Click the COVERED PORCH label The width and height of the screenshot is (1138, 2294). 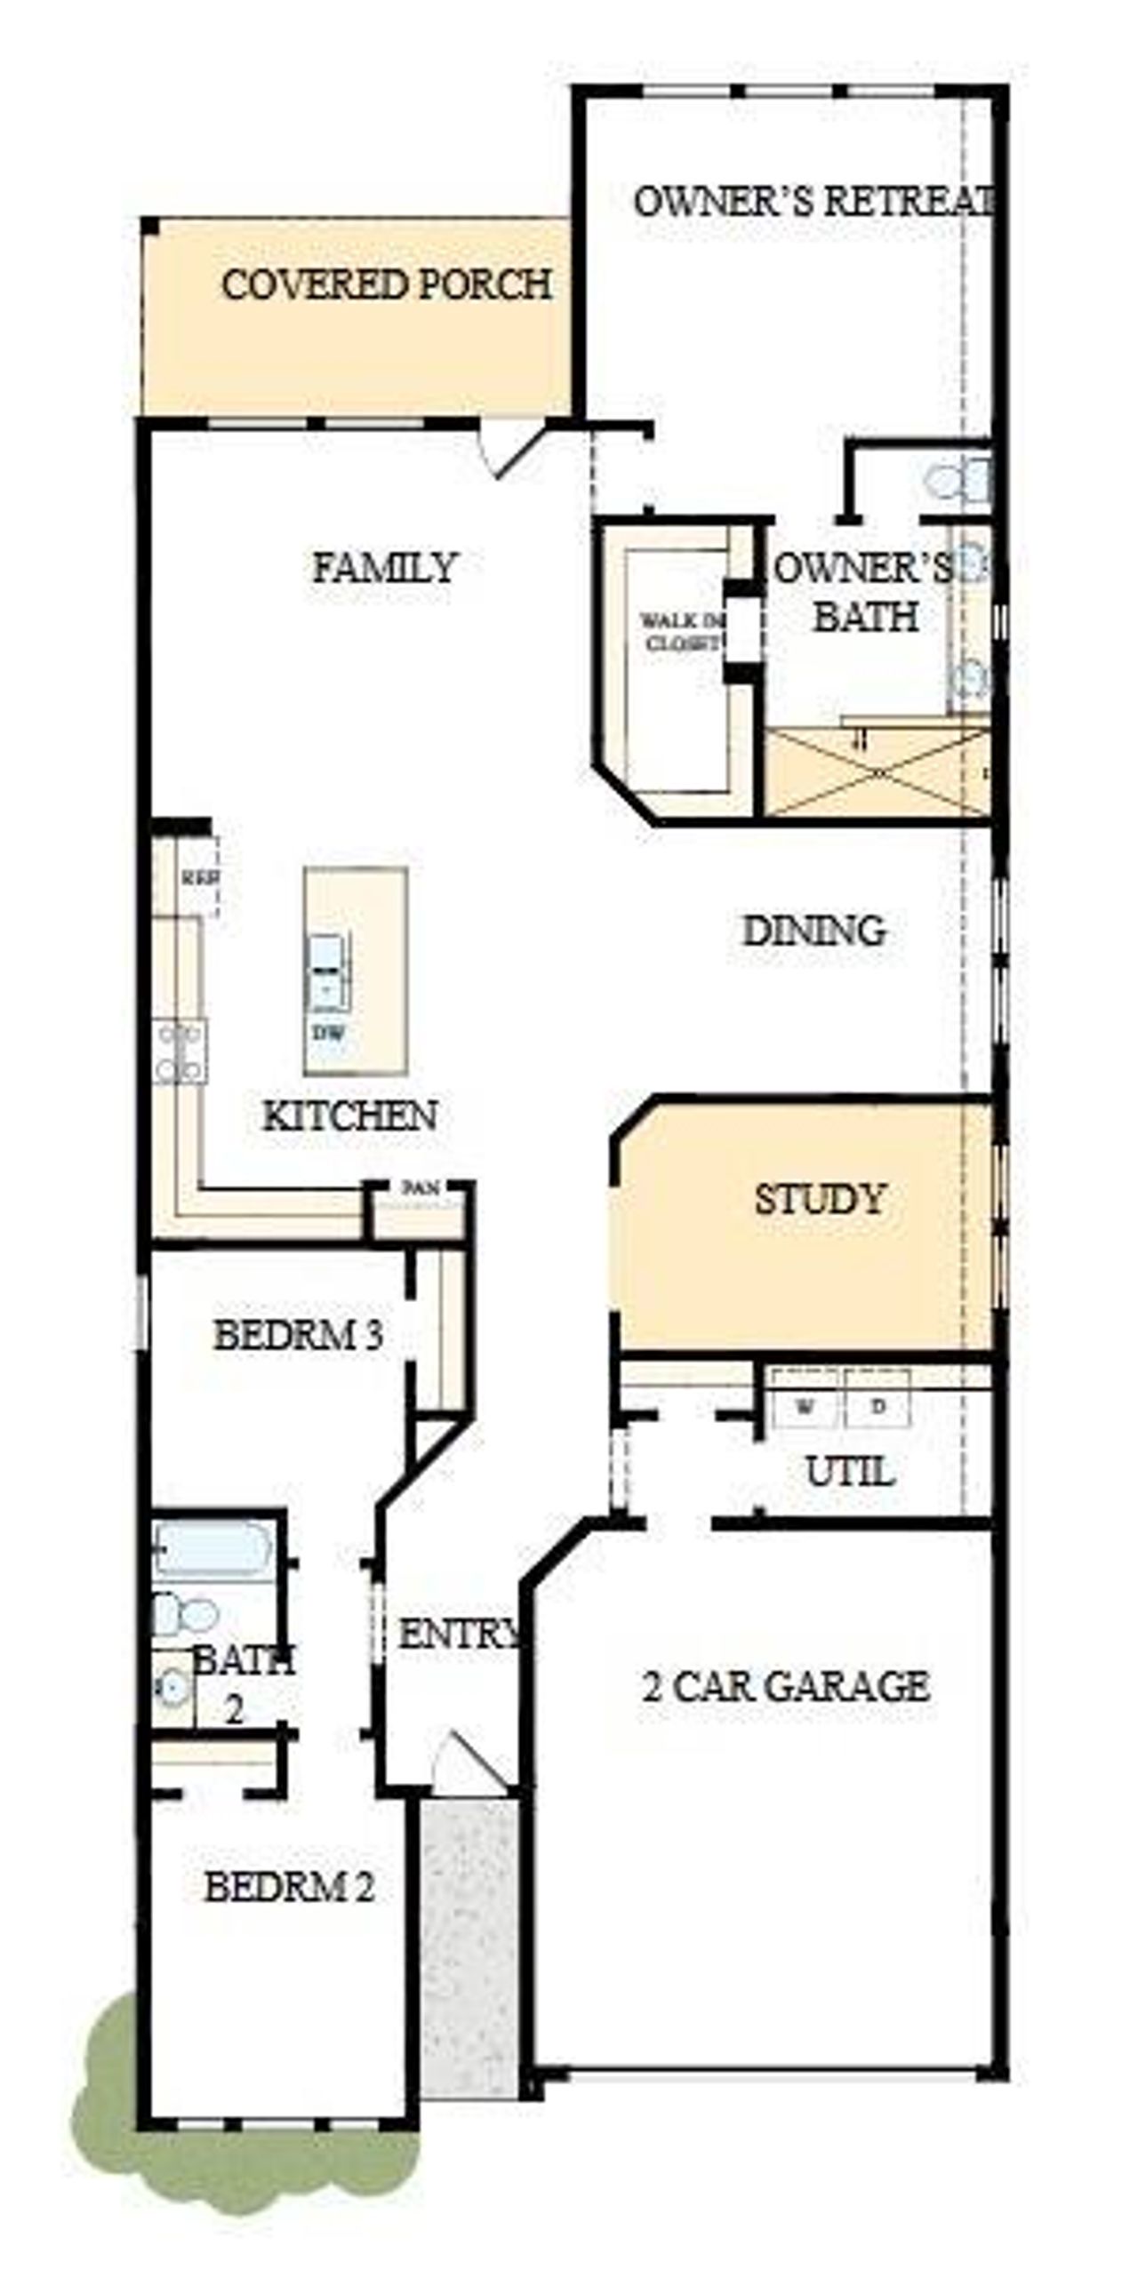click(386, 285)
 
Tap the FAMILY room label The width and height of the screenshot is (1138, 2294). click(385, 568)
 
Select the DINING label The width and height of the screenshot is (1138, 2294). click(813, 931)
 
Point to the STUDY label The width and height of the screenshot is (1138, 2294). click(819, 1200)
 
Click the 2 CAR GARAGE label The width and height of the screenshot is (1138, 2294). click(785, 1686)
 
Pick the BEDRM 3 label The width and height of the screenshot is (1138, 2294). click(299, 1335)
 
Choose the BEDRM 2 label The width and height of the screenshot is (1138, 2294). click(290, 1887)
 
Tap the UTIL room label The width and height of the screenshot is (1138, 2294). click(849, 1472)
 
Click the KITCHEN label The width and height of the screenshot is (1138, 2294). click(350, 1115)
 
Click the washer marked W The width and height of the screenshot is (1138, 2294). click(805, 1407)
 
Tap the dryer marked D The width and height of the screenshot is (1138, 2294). click(878, 1407)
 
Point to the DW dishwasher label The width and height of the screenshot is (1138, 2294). click(328, 1033)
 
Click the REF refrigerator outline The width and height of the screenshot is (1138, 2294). click(199, 876)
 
